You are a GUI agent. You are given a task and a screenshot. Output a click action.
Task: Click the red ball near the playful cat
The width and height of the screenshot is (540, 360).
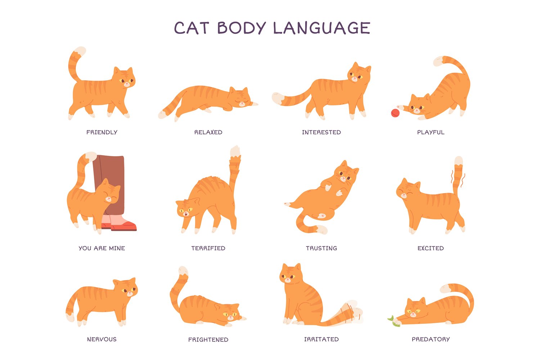[395, 113]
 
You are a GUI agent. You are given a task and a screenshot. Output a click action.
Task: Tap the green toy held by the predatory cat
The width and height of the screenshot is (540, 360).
[393, 322]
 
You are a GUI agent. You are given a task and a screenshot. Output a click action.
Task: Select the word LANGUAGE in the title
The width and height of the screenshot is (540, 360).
[321, 28]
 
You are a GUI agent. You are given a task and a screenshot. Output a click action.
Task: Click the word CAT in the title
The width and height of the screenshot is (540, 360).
[192, 28]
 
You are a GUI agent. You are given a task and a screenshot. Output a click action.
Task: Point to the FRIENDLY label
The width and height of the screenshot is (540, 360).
[102, 132]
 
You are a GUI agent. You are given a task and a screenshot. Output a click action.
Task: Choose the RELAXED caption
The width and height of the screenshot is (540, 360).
[208, 132]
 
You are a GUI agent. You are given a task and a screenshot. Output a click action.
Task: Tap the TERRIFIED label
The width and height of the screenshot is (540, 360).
[208, 248]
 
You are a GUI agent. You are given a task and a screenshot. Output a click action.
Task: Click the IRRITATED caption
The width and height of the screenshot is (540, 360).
[321, 339]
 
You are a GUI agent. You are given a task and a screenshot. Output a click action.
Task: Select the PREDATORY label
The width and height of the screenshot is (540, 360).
[431, 339]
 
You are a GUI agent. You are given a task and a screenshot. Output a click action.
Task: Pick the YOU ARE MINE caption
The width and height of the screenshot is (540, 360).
[102, 248]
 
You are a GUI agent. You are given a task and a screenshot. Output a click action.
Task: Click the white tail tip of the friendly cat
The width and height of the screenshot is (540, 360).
[80, 51]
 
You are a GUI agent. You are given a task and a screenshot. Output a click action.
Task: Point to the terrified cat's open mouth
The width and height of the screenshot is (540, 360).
[186, 213]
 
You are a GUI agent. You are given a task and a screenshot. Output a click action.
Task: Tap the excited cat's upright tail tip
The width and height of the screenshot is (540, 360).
[459, 161]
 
